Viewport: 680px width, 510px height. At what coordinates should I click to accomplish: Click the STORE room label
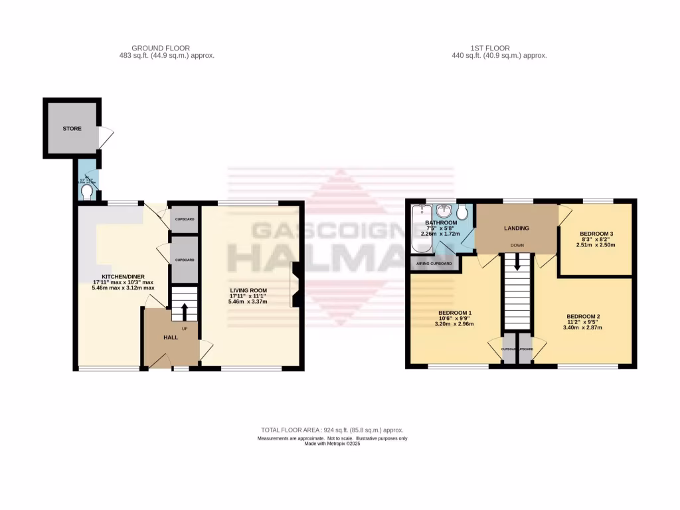pos(72,128)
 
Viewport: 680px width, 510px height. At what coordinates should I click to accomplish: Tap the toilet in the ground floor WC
pos(86,192)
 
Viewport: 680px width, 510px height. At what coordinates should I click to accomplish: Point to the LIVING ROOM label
pos(248,290)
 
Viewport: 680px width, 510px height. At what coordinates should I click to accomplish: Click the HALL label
pos(171,337)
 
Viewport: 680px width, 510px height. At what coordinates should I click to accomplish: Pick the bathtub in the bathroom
pos(418,230)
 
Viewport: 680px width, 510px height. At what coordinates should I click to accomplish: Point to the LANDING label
pos(517,228)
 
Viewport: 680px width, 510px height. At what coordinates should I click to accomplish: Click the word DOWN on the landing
pos(517,245)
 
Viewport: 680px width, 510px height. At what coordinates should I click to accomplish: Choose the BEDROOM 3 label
pos(596,234)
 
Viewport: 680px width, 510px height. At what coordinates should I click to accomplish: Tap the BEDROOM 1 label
pos(455,313)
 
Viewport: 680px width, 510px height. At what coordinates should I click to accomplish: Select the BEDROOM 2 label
pos(583,316)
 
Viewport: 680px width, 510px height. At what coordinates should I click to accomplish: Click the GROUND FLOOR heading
pos(161,48)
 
